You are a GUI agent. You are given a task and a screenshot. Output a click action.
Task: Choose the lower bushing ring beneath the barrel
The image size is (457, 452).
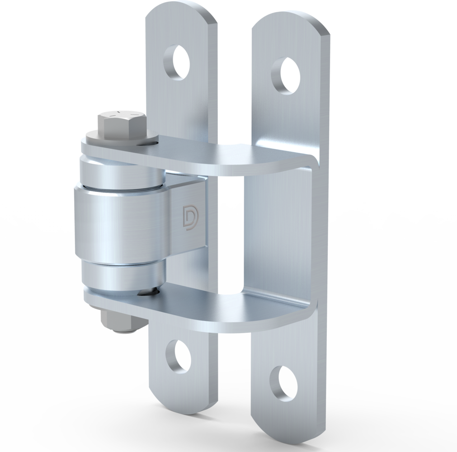122,276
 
